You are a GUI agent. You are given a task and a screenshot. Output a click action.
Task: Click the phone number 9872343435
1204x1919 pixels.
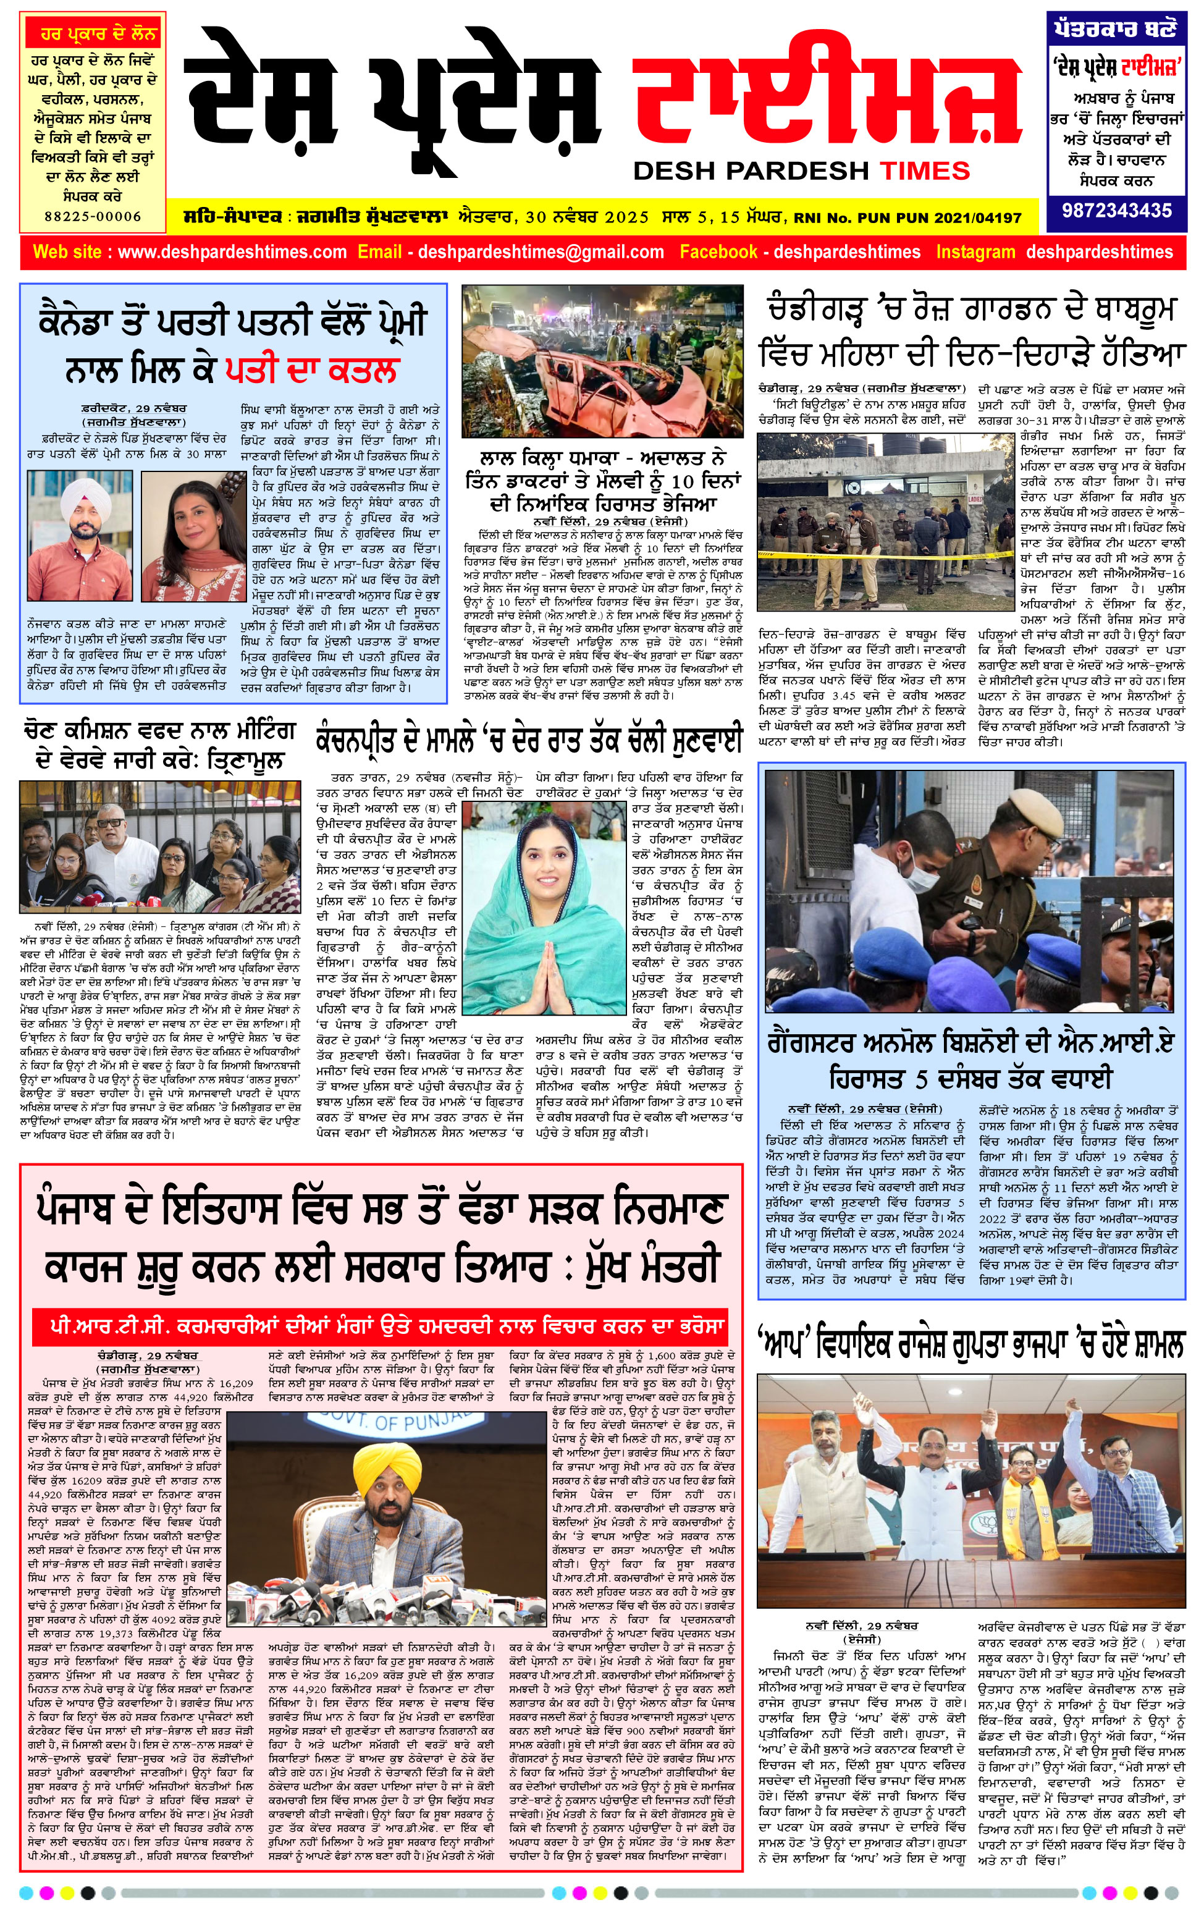pos(1116,211)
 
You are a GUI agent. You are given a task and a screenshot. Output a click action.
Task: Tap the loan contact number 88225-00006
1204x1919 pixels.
pos(93,216)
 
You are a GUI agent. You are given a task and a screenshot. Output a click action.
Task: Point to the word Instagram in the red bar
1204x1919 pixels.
pos(975,253)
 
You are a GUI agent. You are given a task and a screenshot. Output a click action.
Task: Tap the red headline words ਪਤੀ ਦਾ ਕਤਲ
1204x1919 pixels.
pos(311,369)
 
